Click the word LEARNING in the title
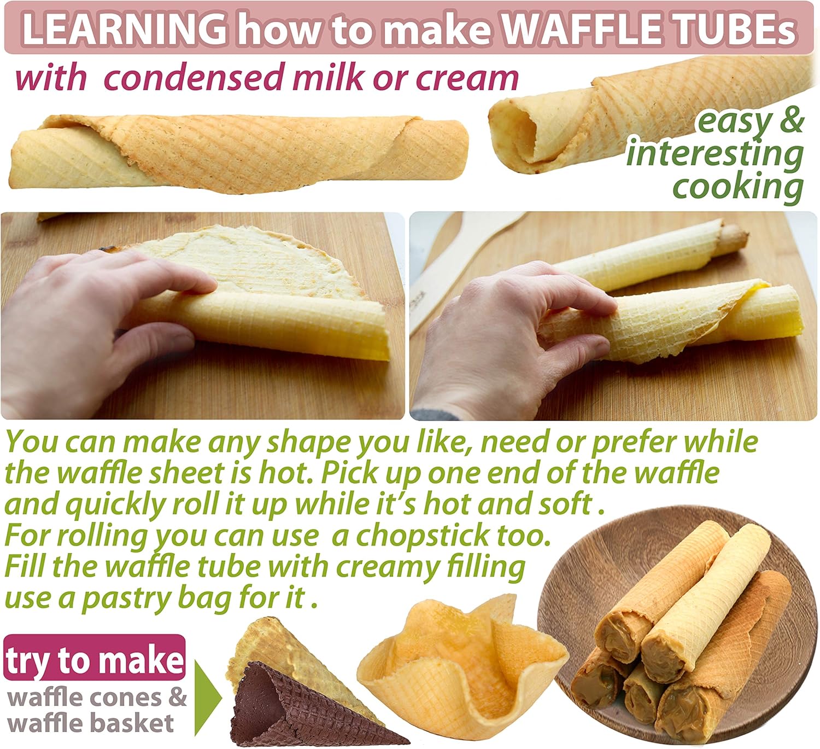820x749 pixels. tap(124, 31)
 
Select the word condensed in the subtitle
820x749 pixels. tap(194, 77)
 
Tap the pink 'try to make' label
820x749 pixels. tap(94, 660)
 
